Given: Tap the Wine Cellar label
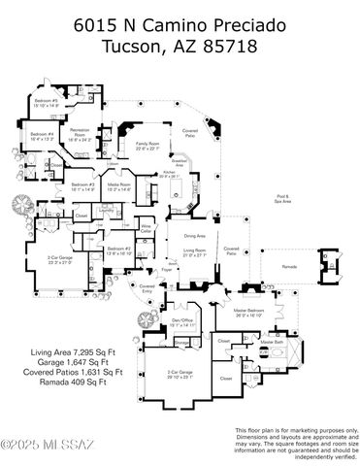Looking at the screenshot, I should click(147, 227).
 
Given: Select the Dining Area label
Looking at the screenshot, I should click(194, 235).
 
